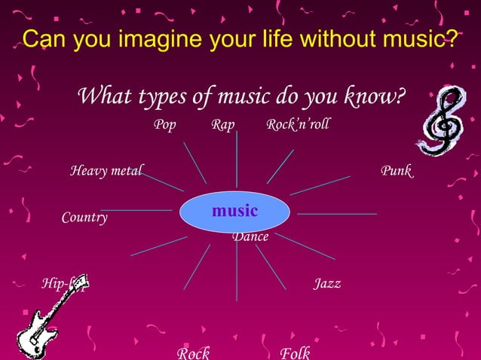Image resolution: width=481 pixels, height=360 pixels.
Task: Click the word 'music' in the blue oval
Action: point(234,211)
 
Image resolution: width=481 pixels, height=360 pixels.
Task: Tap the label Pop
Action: point(164,125)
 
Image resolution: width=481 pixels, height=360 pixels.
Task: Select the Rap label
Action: point(222,125)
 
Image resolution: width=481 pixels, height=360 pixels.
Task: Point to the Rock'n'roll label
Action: point(298,125)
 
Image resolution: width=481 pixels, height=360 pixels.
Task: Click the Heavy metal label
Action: point(106,171)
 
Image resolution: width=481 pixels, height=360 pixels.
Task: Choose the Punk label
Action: point(396,171)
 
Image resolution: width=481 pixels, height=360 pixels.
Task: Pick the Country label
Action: point(84,218)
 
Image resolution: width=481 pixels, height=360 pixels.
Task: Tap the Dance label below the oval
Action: point(250,237)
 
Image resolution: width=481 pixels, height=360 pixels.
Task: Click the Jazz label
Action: point(327,284)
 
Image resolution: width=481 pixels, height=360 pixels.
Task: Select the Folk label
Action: point(295,352)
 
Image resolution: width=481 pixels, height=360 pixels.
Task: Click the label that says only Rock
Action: point(193,352)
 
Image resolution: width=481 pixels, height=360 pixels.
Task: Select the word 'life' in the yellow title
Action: point(276,38)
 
